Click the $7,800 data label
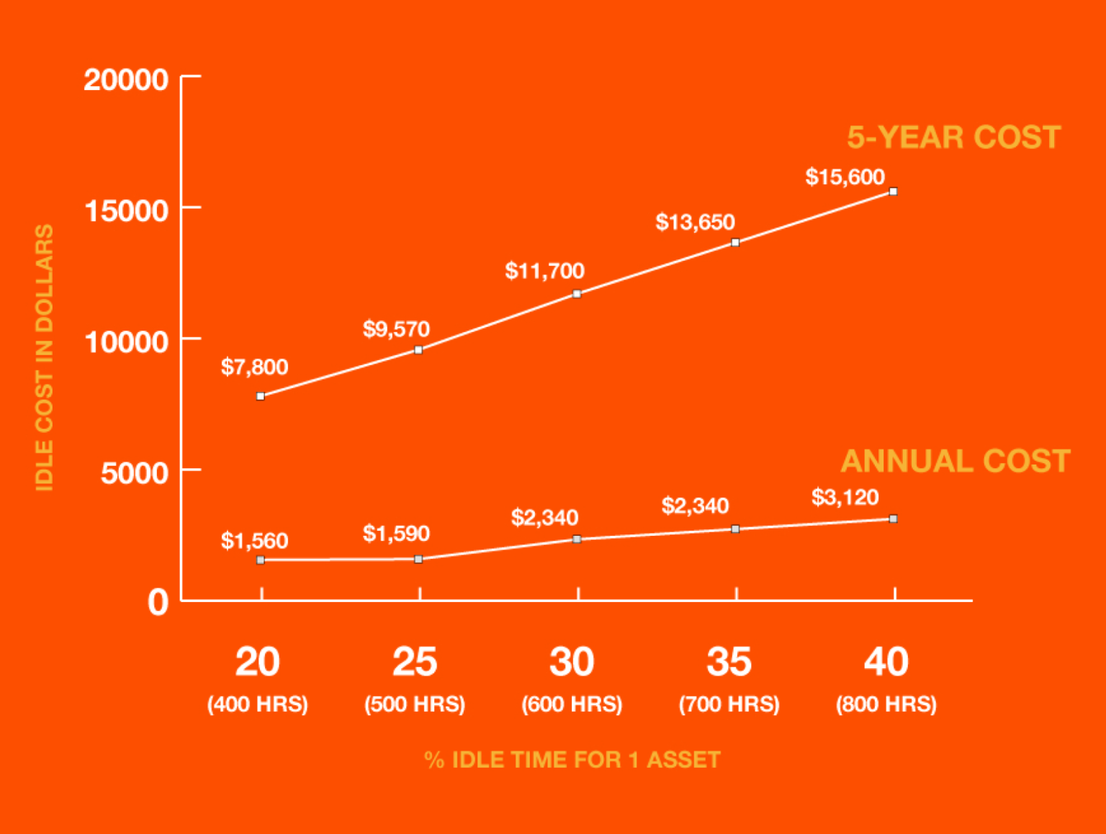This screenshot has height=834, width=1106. pos(254,367)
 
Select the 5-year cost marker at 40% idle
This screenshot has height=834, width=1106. pos(893,192)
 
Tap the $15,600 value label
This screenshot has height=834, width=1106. pos(845,177)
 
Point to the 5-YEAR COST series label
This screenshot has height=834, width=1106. pos(953,138)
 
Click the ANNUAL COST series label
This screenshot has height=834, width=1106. pos(956,462)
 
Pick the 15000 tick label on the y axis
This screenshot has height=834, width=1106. pos(126,211)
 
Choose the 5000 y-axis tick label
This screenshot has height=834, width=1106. pos(134,473)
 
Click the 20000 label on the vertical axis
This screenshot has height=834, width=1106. pos(126,79)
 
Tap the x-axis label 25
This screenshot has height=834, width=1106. pos(415,662)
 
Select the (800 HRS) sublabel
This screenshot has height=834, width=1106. pos(886,704)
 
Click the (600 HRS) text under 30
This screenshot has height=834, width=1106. pos(572,704)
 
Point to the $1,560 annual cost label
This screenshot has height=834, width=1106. pos(254,541)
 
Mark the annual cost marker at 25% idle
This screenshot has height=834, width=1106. pos(418,559)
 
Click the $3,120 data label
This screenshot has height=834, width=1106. pos(845,497)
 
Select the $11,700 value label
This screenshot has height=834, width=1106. pos(544,271)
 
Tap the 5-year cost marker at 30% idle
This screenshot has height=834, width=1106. pos(577,294)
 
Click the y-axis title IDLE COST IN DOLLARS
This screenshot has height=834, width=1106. pos(45,357)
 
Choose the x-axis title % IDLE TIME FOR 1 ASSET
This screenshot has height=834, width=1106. pos(572,760)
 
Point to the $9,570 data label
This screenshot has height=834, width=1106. pos(396,329)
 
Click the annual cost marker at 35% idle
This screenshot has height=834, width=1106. pos(735,529)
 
